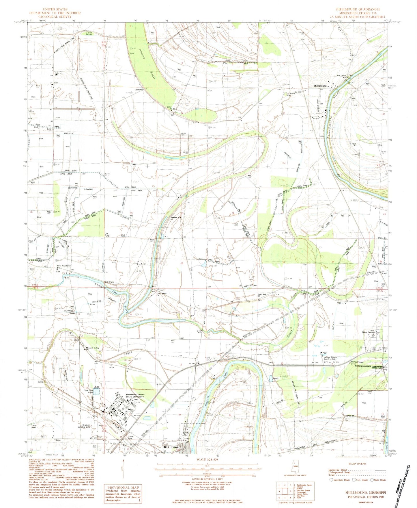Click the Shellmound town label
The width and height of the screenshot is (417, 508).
click(320, 86)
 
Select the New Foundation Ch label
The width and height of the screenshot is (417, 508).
click(64, 267)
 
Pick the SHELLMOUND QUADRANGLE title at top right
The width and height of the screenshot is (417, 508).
click(358, 9)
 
